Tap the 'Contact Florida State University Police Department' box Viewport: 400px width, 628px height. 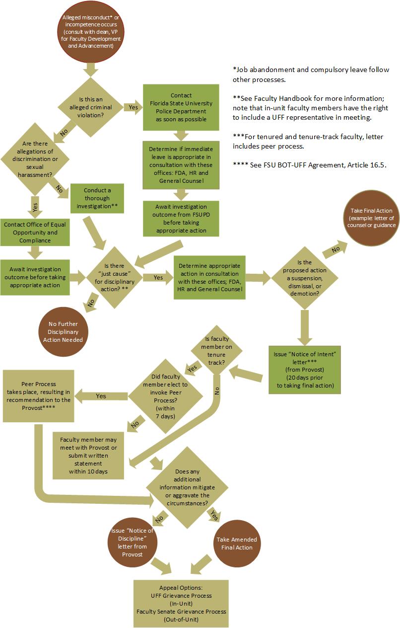[x=181, y=107]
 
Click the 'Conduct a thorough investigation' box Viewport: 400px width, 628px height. [x=97, y=198]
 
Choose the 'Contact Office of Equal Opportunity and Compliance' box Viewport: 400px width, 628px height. [x=34, y=233]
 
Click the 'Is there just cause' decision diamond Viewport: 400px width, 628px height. [x=114, y=277]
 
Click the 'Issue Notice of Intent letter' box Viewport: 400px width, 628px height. [x=304, y=369]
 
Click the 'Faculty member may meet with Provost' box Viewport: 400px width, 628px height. [x=88, y=455]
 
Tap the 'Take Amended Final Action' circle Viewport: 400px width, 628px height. [x=237, y=544]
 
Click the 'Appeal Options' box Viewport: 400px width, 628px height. [x=181, y=603]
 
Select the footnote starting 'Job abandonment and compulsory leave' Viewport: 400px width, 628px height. [x=311, y=75]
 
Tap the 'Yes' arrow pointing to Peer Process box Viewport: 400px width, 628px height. [x=101, y=396]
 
